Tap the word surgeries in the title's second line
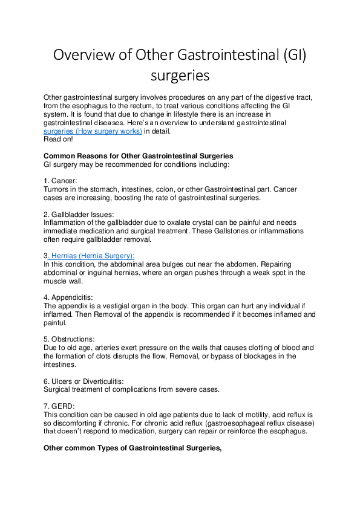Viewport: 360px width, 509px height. (180, 77)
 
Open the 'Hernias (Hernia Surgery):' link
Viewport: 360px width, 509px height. (91, 256)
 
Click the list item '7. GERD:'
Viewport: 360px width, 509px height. (60, 407)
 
